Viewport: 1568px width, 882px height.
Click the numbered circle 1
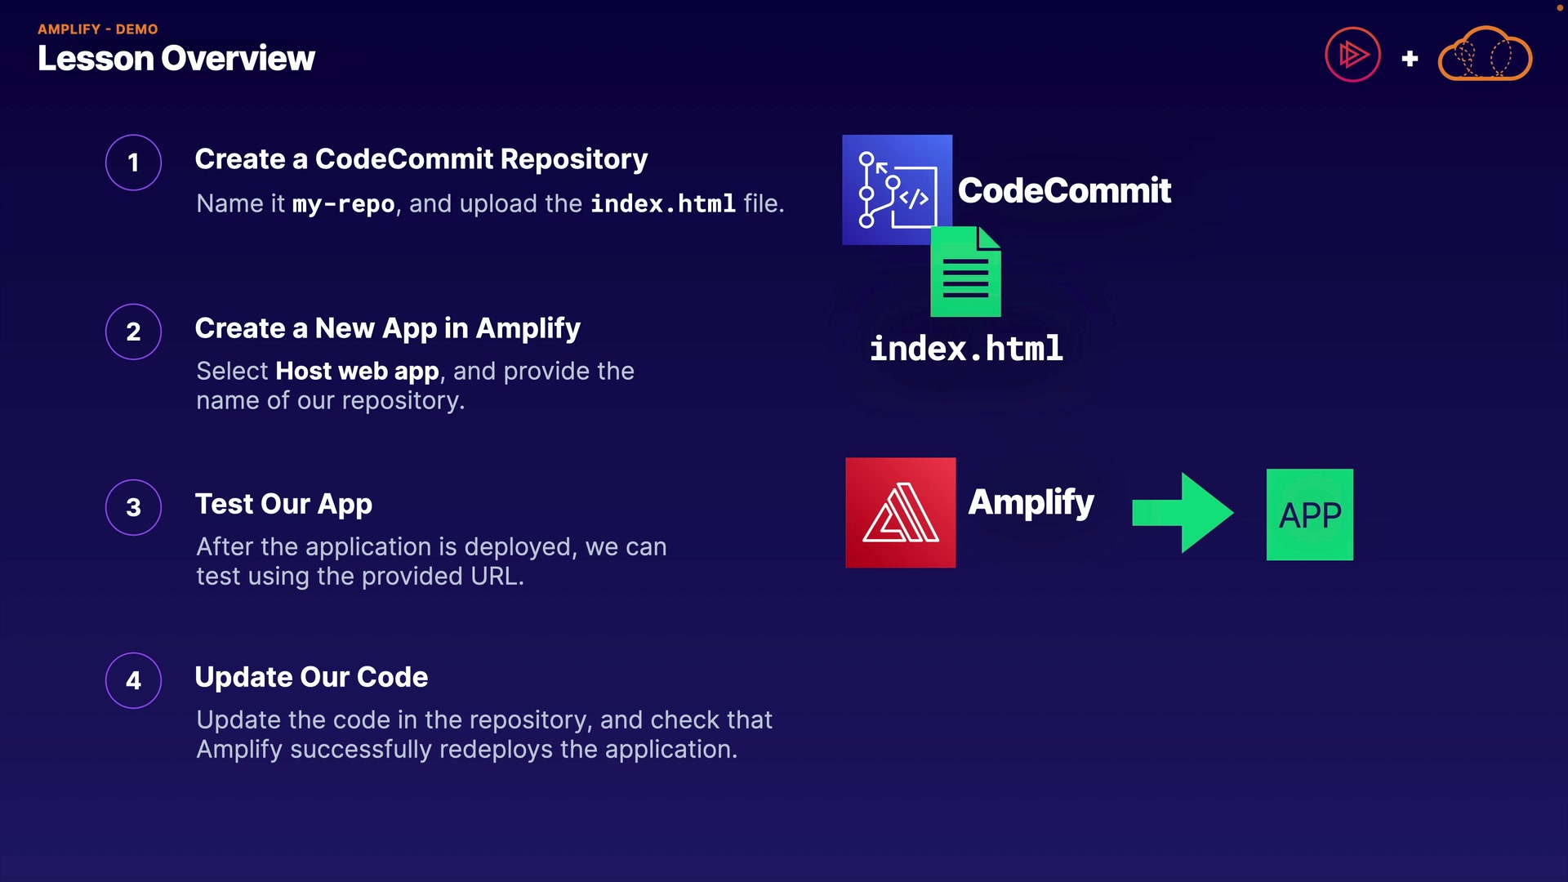pyautogui.click(x=133, y=163)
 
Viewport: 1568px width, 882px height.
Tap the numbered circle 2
pyautogui.click(x=133, y=332)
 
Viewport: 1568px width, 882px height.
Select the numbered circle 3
pyautogui.click(x=133, y=507)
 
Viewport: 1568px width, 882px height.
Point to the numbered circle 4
pyautogui.click(x=133, y=680)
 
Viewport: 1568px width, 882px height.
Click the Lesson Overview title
pyautogui.click(x=176, y=59)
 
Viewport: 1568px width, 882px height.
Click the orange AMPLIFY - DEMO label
pyautogui.click(x=97, y=29)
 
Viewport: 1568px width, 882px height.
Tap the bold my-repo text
pyautogui.click(x=344, y=203)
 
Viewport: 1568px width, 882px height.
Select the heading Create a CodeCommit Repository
pyautogui.click(x=421, y=159)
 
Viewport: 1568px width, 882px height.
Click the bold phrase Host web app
pyautogui.click(x=357, y=372)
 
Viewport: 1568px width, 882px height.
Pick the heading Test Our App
pyautogui.click(x=283, y=504)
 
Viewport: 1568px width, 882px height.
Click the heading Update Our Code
pyautogui.click(x=311, y=677)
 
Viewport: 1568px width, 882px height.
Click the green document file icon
pyautogui.click(x=965, y=273)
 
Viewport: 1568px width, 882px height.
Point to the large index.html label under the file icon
pyautogui.click(x=966, y=349)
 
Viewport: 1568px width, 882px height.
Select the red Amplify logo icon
pyautogui.click(x=900, y=512)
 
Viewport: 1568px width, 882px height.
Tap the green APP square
pyautogui.click(x=1309, y=514)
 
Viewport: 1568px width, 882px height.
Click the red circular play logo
pyautogui.click(x=1352, y=56)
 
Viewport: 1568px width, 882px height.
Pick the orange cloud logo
pyautogui.click(x=1485, y=56)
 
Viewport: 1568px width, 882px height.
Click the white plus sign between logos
pyautogui.click(x=1410, y=59)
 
